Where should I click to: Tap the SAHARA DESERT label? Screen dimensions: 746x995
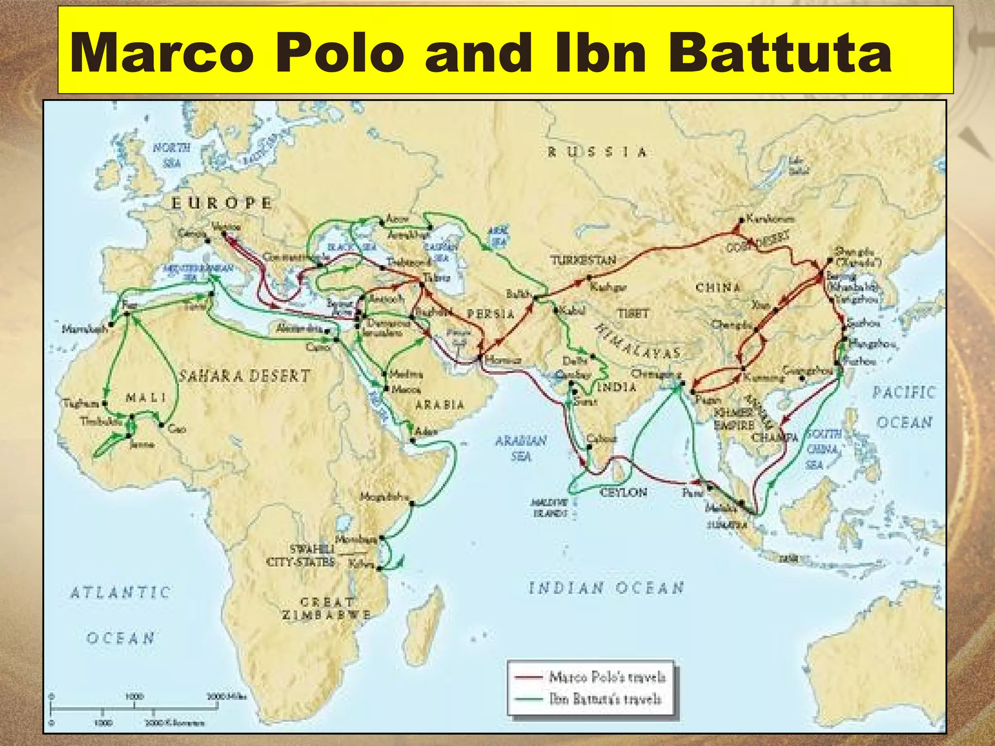[x=244, y=375]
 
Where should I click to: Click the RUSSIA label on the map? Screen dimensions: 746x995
[x=598, y=152]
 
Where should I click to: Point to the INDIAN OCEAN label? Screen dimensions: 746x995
[x=606, y=588]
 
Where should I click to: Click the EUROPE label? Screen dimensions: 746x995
[x=222, y=203]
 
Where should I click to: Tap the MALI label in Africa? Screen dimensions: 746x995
[x=146, y=398]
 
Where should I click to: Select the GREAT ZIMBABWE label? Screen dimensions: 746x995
[x=326, y=609]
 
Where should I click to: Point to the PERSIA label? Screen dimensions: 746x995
[x=491, y=314]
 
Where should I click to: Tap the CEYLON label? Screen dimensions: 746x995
[x=623, y=492]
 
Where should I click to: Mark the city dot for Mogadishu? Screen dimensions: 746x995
[x=412, y=504]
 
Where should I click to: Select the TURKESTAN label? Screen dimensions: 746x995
[x=583, y=260]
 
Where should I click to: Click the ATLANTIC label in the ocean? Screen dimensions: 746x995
[x=120, y=592]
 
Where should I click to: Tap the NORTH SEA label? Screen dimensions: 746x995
[x=172, y=154]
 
